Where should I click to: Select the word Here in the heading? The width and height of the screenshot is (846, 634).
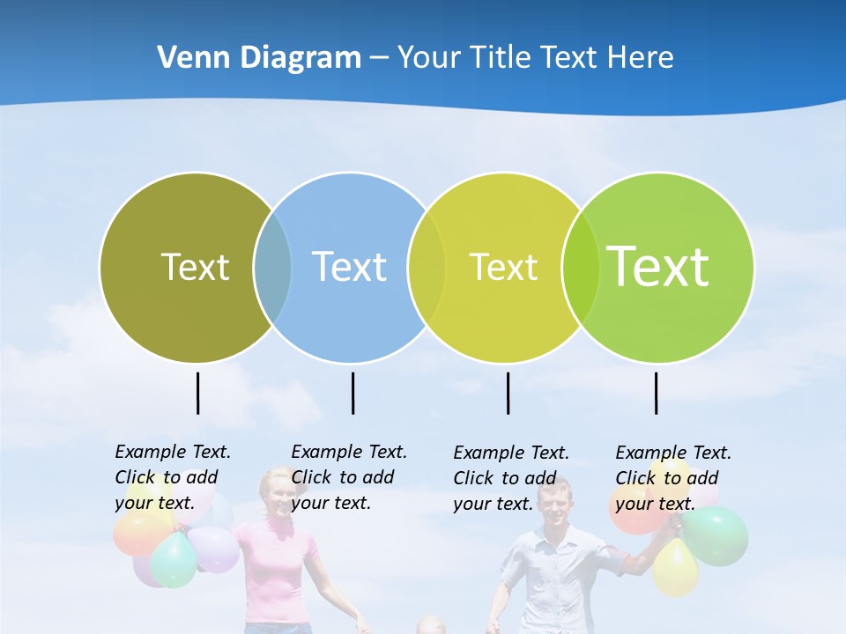point(641,58)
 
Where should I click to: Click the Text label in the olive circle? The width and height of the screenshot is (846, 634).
point(195,267)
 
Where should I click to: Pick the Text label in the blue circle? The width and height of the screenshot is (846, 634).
point(349,267)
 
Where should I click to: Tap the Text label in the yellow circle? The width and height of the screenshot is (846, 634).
point(503,267)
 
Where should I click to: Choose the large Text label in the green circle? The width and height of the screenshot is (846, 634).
point(658,267)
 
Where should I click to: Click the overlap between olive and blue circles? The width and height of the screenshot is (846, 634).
point(272,268)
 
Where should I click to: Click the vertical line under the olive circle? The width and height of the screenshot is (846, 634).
point(197,393)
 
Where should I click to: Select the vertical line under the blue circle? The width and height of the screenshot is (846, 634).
point(352,393)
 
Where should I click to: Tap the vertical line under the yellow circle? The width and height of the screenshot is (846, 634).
point(508,393)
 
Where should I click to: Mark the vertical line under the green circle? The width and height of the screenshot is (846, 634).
point(656,393)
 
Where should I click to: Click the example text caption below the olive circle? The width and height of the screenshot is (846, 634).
point(173,477)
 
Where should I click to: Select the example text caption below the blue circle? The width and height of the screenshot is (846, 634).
point(349,477)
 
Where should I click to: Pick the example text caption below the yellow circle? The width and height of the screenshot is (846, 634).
point(511,478)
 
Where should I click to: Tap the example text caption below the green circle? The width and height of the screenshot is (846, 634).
point(673,478)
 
